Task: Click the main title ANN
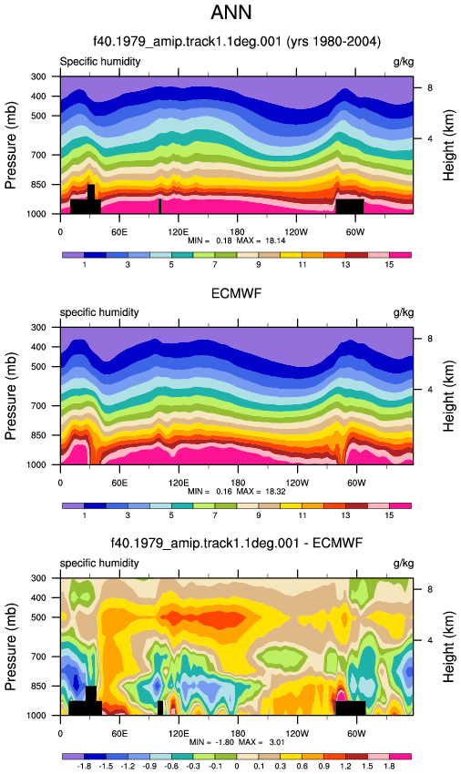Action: [x=230, y=13]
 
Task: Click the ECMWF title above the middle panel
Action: [x=236, y=294]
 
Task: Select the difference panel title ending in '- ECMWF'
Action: [x=237, y=544]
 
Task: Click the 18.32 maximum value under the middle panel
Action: [x=275, y=491]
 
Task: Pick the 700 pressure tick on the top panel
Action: [x=38, y=155]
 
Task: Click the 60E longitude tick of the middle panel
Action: [x=119, y=483]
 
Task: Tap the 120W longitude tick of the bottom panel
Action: [x=297, y=734]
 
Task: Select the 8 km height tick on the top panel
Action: [x=430, y=87]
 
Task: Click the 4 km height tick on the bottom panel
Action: [x=430, y=640]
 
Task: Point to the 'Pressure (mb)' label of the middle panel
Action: [x=10, y=396]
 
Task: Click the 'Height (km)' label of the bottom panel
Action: [x=448, y=647]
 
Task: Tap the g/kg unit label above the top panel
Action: [x=404, y=62]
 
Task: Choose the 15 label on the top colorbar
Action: [x=389, y=265]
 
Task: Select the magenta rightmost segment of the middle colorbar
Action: [x=400, y=506]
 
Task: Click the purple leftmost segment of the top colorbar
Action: [x=74, y=255]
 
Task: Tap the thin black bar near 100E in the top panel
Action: [x=160, y=207]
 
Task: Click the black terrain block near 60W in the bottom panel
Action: [x=351, y=708]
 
